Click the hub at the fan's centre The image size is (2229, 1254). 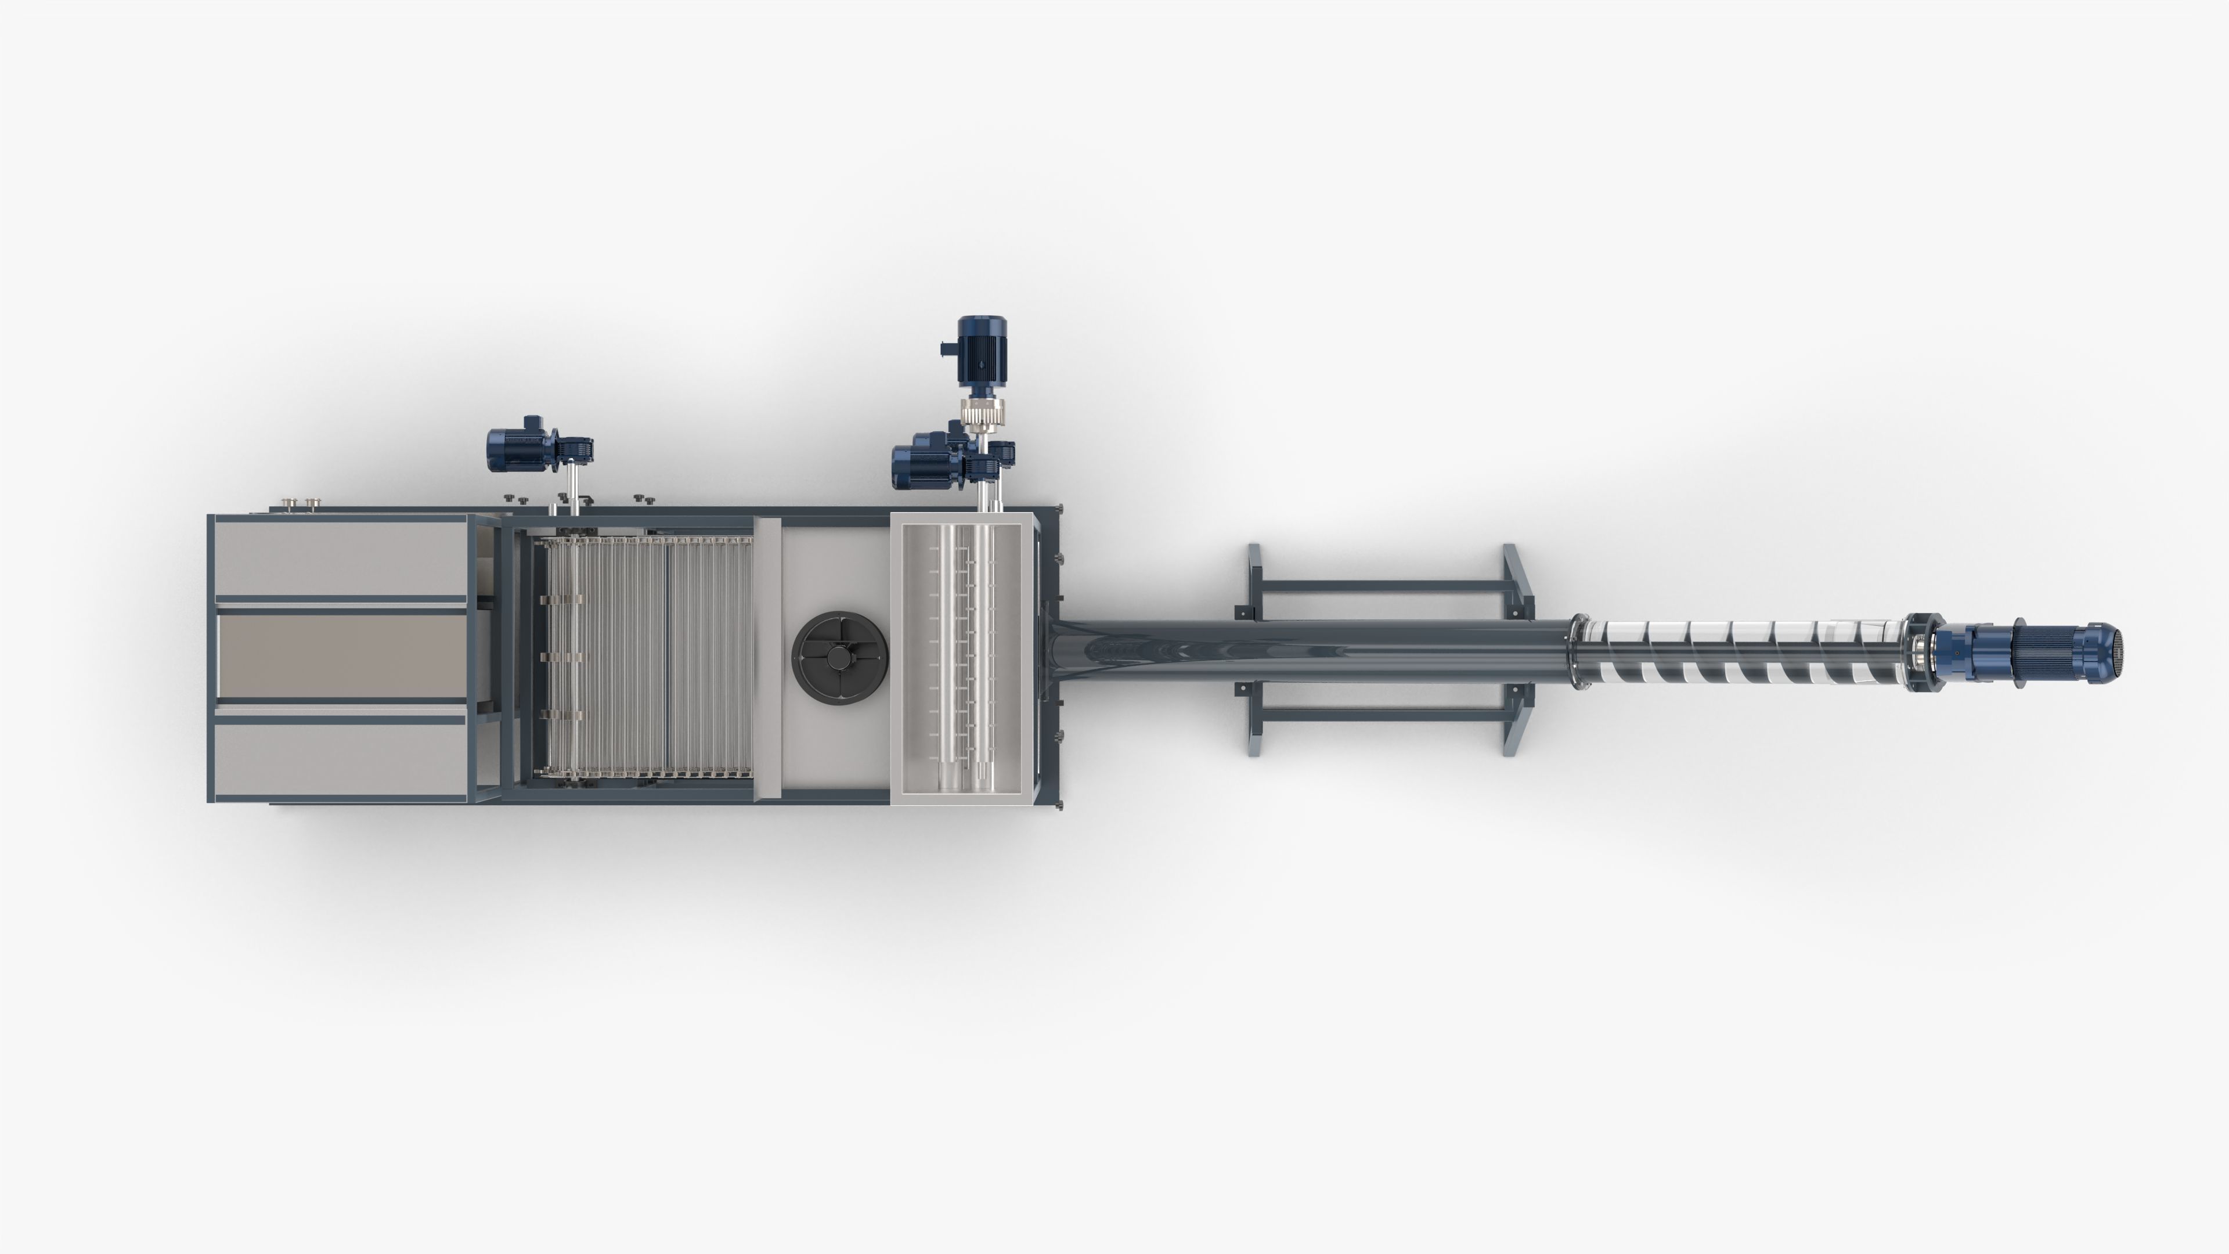click(x=838, y=658)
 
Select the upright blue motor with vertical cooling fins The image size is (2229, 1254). click(x=981, y=349)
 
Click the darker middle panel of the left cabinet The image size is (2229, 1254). click(x=342, y=655)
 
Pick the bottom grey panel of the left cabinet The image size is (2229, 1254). click(x=340, y=757)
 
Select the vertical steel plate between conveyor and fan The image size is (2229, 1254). click(x=767, y=658)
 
